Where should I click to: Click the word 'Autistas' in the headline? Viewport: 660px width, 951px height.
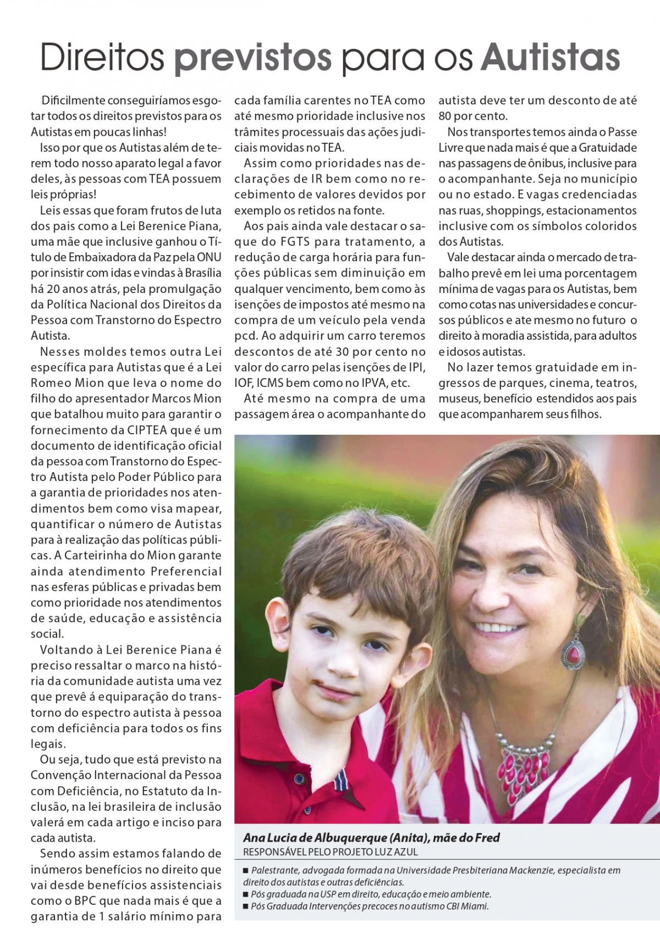pos(551,57)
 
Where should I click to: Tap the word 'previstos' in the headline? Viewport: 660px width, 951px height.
pos(253,57)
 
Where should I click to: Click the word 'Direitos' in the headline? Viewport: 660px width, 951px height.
pos(102,57)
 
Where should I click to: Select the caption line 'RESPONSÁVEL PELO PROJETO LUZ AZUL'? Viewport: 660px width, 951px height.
pos(331,852)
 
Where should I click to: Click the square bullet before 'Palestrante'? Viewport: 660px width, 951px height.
pos(246,871)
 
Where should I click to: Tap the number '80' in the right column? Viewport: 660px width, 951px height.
pos(446,116)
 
